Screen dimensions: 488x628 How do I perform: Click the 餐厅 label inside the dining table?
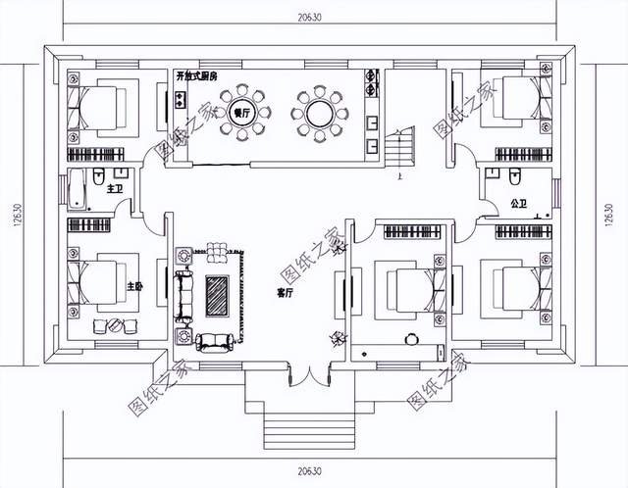coord(238,112)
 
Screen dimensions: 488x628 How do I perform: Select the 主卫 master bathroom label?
coord(114,188)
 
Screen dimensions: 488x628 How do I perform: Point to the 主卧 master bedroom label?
coord(135,287)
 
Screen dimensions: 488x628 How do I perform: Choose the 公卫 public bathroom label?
coord(518,204)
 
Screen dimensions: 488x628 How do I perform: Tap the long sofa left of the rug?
coord(183,298)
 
